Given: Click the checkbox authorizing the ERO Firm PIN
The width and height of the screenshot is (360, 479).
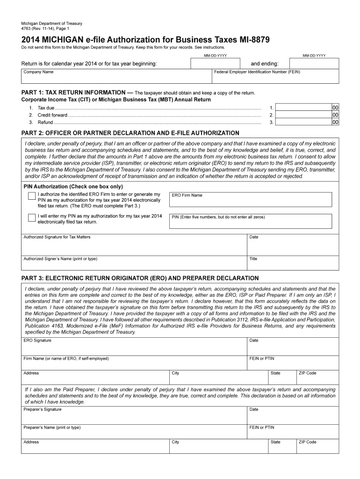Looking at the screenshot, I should point(31,196).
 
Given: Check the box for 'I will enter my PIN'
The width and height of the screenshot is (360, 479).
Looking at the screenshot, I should point(31,218).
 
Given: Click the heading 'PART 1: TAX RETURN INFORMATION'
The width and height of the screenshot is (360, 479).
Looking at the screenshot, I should point(73,93).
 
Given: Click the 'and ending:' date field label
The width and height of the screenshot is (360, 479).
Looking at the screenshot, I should point(265,64).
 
